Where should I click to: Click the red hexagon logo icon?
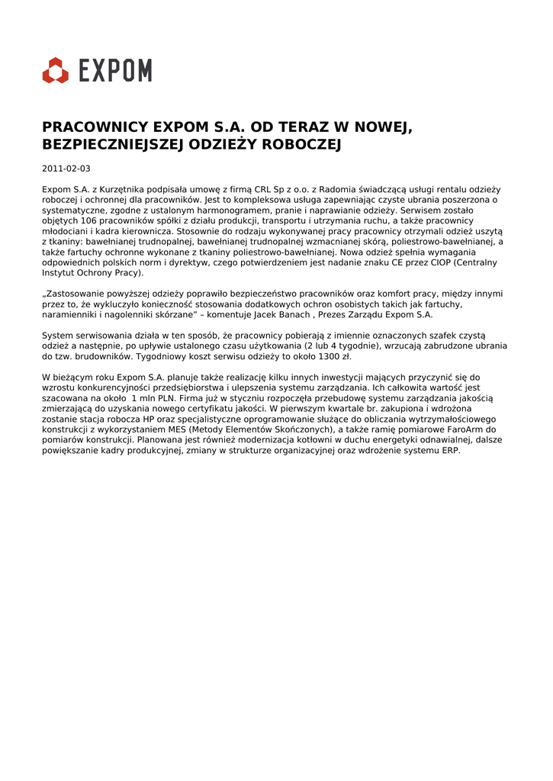56,70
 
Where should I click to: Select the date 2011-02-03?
66,169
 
